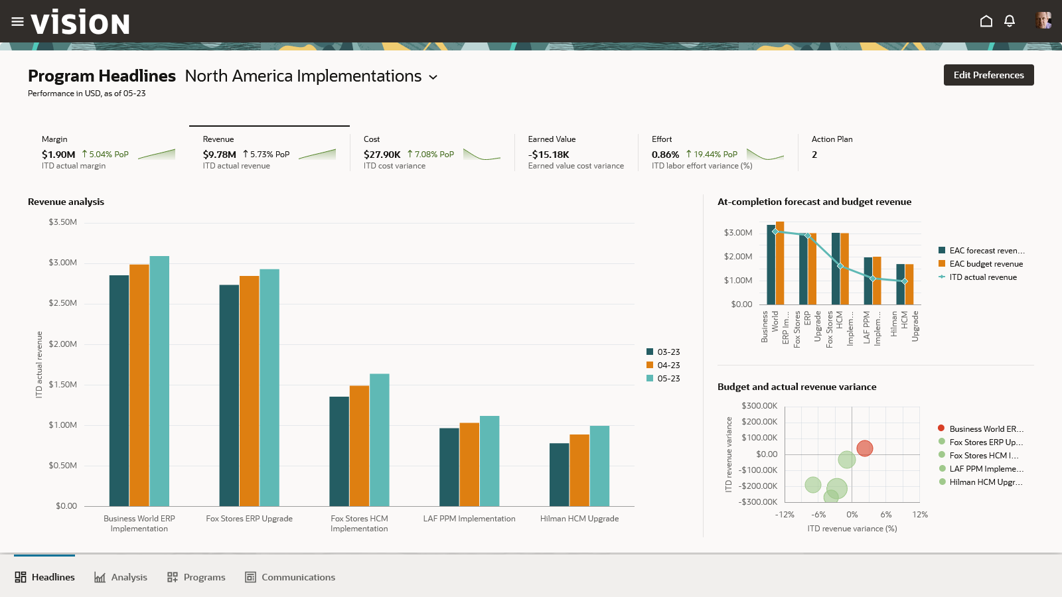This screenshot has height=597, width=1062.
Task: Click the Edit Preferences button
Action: click(x=988, y=75)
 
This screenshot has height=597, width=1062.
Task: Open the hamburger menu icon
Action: click(x=17, y=22)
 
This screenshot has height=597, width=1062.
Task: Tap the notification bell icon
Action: click(x=1010, y=21)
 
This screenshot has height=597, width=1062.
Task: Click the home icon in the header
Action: click(x=986, y=21)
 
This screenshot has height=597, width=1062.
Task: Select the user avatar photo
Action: click(x=1043, y=21)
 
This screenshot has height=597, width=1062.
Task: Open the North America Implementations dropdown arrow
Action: click(x=433, y=77)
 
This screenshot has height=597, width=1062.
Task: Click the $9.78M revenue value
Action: click(x=220, y=155)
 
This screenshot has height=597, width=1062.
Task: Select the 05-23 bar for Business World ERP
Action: click(x=159, y=381)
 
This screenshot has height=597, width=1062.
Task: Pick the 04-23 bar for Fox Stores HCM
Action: click(x=359, y=446)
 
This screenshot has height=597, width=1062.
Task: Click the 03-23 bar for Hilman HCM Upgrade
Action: click(x=559, y=474)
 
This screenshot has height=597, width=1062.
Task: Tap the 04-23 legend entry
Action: click(x=663, y=365)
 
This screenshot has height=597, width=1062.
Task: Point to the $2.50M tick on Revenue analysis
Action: click(x=62, y=303)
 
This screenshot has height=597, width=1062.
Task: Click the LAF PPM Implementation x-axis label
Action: click(x=469, y=519)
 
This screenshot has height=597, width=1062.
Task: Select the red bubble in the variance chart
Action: click(x=864, y=448)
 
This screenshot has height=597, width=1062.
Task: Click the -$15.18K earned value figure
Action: click(x=549, y=155)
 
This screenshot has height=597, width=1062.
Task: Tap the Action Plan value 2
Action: click(x=814, y=155)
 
